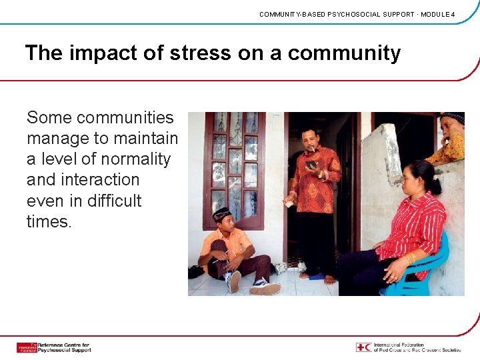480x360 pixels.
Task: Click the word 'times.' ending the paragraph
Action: tap(49, 221)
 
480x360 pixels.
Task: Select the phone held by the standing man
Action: tap(311, 165)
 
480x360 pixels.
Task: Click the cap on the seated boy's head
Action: tap(222, 213)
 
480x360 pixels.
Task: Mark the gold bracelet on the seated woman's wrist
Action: tap(409, 258)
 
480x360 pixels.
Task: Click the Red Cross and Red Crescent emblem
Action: tap(363, 347)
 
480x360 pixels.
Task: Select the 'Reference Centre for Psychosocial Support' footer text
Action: tap(64, 347)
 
